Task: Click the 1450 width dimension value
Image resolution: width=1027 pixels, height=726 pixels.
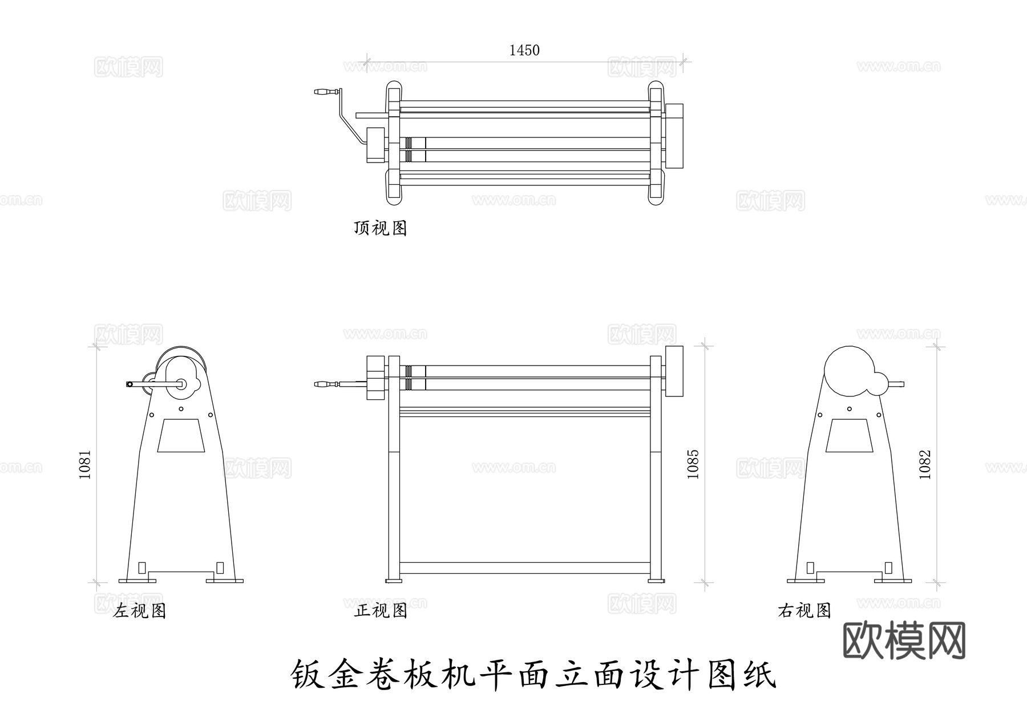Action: [524, 51]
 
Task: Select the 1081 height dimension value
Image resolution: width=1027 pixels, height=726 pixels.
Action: [85, 465]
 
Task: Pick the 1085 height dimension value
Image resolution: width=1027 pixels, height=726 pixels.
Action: [693, 464]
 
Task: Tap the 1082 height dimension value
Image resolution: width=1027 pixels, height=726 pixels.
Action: [925, 465]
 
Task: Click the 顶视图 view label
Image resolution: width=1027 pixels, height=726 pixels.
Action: [380, 228]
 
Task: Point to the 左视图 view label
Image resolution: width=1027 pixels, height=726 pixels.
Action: [139, 611]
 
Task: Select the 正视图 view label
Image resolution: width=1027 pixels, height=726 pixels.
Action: [381, 611]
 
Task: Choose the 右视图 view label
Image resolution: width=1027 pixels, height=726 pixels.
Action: [804, 611]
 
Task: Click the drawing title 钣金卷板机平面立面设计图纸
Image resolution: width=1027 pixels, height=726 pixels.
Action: [534, 675]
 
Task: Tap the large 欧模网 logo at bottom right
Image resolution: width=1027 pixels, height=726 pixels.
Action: [904, 640]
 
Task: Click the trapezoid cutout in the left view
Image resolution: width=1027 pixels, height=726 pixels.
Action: [181, 436]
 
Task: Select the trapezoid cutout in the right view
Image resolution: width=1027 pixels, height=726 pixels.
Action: [849, 436]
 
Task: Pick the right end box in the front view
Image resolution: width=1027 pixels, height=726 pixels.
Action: [675, 371]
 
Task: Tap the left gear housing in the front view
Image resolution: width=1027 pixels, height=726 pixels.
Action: [377, 378]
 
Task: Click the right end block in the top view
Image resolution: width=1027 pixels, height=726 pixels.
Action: [675, 136]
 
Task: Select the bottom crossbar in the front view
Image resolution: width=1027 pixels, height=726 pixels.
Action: [525, 568]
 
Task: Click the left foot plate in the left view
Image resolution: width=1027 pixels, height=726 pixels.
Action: [137, 581]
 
